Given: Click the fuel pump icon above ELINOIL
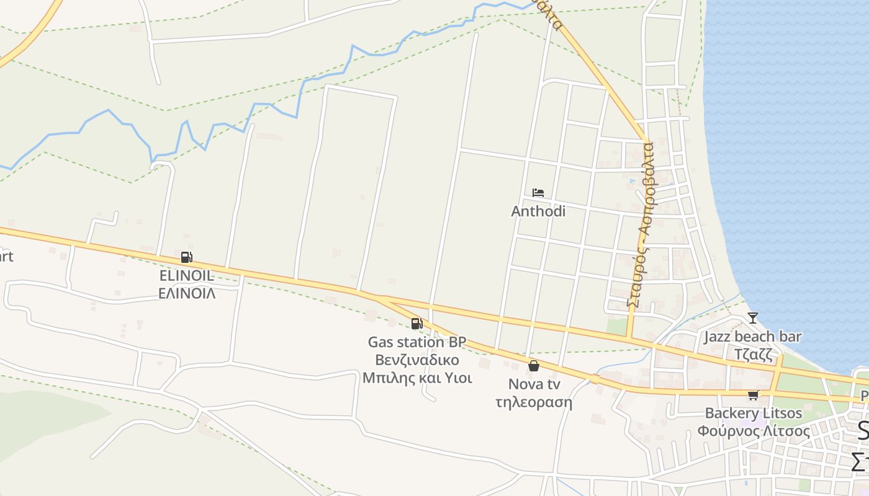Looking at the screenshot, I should pos(186,257).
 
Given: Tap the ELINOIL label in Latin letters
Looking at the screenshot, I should pos(187,276).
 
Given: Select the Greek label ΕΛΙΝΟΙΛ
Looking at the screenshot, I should pos(187,293).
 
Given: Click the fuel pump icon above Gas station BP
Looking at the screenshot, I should pos(416,323).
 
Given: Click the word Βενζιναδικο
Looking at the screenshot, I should pos(416,360).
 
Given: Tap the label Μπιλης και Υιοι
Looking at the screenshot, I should pos(416,378).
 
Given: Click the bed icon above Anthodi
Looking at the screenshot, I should pos(538,193).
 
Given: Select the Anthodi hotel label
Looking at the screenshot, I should pos(538,211).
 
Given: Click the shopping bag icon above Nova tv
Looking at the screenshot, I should pos(533,366).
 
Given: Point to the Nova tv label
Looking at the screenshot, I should pos(533,384).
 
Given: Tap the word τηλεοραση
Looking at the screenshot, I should pos(533,402).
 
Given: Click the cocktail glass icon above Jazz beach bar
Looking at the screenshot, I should pos(753,318).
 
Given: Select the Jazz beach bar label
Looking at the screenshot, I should pos(752,337).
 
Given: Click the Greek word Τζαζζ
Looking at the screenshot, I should pos(752,355).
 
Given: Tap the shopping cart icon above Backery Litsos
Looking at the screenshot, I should pos(753,395).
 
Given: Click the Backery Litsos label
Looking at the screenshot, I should pos(753,414).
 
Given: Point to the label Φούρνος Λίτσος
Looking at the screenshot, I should pos(753,431).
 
